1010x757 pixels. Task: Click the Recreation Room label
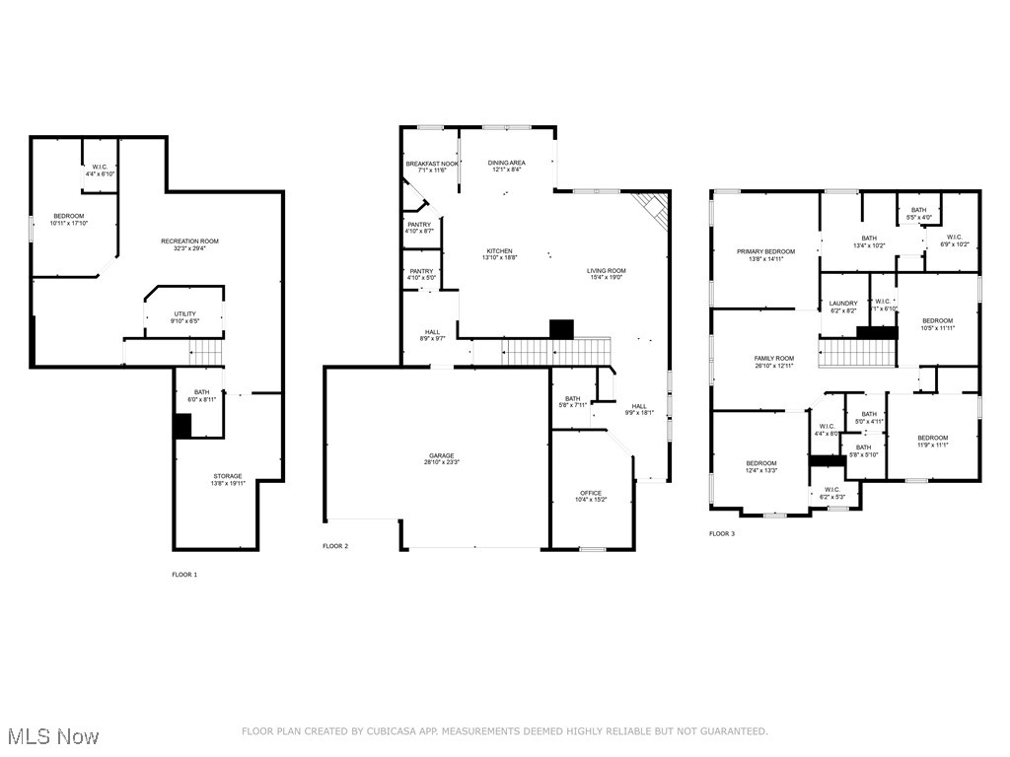coord(189,241)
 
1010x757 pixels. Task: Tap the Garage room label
coord(441,455)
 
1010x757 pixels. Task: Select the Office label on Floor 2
coord(591,493)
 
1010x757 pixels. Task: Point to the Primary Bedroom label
coord(765,251)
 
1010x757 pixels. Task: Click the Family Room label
coord(773,359)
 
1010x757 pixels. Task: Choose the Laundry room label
coord(843,304)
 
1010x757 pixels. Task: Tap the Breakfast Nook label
coord(431,163)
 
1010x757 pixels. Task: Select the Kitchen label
coord(500,251)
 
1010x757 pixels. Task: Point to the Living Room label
coord(607,271)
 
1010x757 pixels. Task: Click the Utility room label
coord(184,313)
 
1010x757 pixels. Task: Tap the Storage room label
coord(226,476)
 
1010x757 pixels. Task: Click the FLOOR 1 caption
coord(184,574)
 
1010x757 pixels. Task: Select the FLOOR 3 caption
coord(721,533)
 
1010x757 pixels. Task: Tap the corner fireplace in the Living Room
coord(652,208)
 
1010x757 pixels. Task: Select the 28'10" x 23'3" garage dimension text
coord(441,462)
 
